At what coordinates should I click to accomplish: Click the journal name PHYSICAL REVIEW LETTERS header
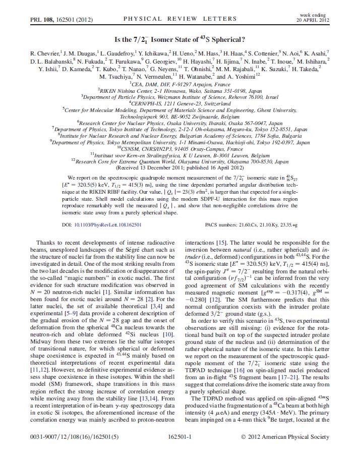[179, 19]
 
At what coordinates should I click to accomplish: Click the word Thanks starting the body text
[49, 243]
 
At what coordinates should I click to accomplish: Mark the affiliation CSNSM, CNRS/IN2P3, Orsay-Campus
[180, 149]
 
